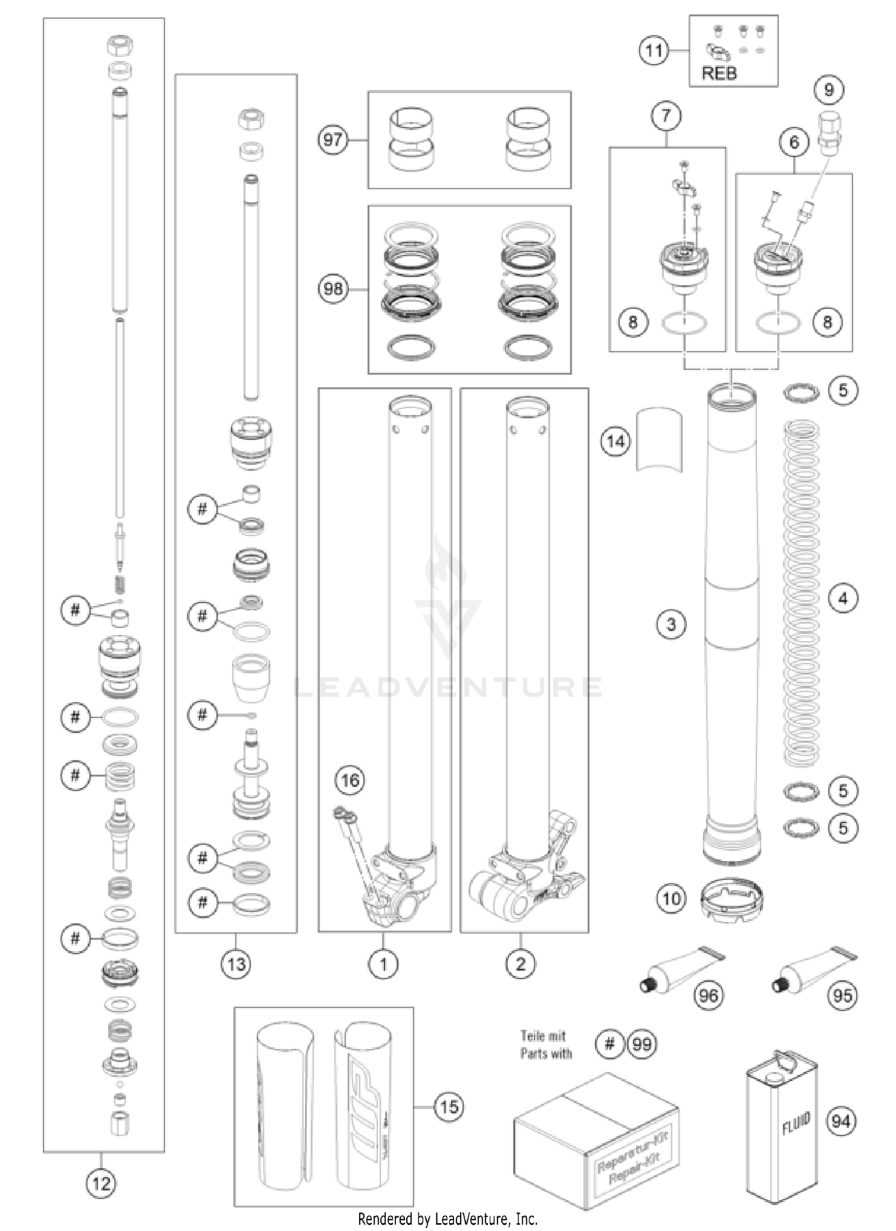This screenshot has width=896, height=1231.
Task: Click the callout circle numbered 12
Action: [x=101, y=1182]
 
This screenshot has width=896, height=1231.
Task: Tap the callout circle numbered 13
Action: [x=237, y=964]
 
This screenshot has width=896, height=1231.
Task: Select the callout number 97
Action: [x=333, y=140]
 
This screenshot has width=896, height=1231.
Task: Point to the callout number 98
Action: [x=333, y=288]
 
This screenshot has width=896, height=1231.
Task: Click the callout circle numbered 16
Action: [x=350, y=780]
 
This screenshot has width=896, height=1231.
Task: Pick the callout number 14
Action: [x=615, y=442]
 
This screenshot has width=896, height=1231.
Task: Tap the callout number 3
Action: [x=671, y=625]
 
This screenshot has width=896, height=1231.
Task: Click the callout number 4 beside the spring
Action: [x=843, y=598]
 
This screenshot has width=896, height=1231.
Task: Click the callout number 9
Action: [x=829, y=90]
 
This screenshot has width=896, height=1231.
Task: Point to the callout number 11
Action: [x=654, y=51]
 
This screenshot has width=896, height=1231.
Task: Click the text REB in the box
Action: [x=719, y=73]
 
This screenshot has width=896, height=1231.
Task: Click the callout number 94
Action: [x=841, y=1122]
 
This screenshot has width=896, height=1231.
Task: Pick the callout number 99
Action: [x=642, y=1044]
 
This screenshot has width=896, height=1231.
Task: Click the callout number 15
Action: [x=449, y=1107]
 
